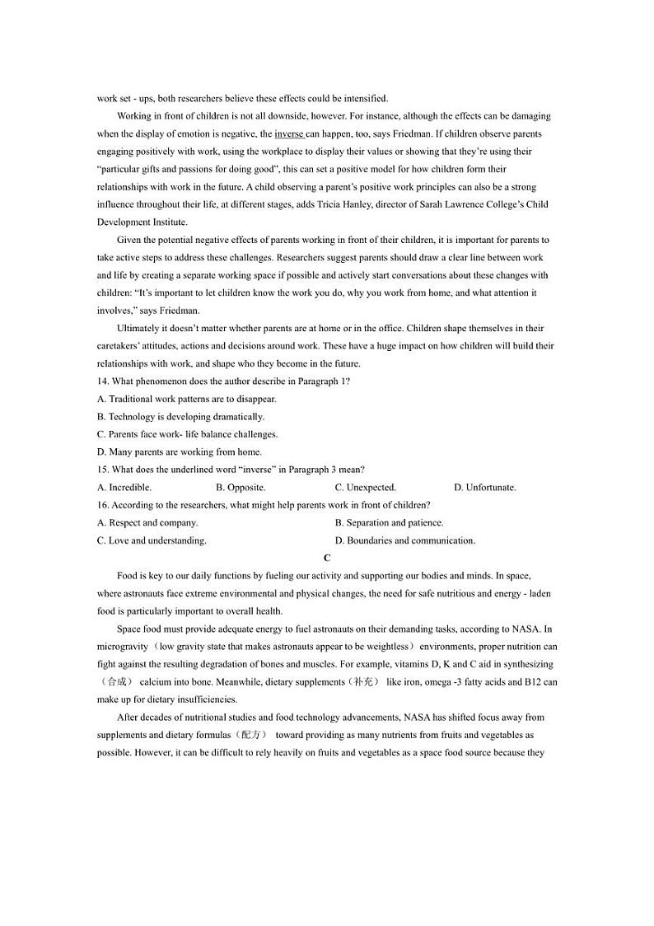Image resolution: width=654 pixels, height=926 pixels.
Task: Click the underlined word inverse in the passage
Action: (x=289, y=133)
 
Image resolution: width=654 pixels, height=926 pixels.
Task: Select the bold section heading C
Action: (x=327, y=559)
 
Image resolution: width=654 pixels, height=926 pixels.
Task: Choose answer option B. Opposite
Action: (x=241, y=488)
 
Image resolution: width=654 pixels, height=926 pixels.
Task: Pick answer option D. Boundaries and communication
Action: (x=405, y=541)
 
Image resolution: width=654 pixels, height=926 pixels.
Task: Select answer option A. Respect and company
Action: (x=147, y=523)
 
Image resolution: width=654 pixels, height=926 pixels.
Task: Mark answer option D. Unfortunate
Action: (x=485, y=488)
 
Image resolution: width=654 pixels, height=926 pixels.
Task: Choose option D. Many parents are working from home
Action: (x=180, y=452)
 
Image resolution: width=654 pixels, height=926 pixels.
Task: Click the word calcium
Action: (x=155, y=682)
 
